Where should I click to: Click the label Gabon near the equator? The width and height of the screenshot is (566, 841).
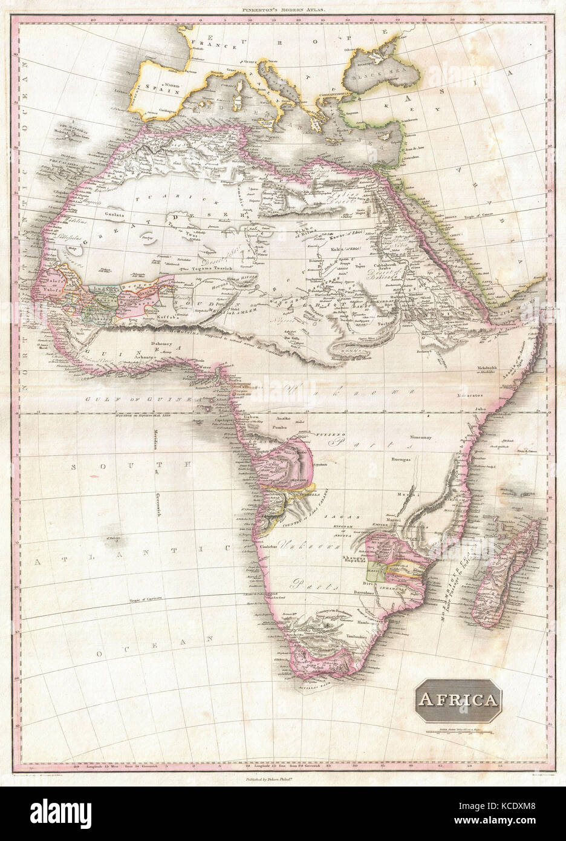click(x=250, y=419)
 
